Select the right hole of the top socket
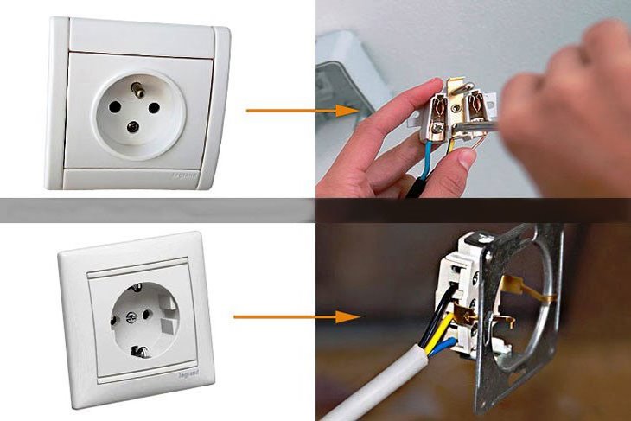click(159, 109)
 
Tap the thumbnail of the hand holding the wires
click(467, 158)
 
